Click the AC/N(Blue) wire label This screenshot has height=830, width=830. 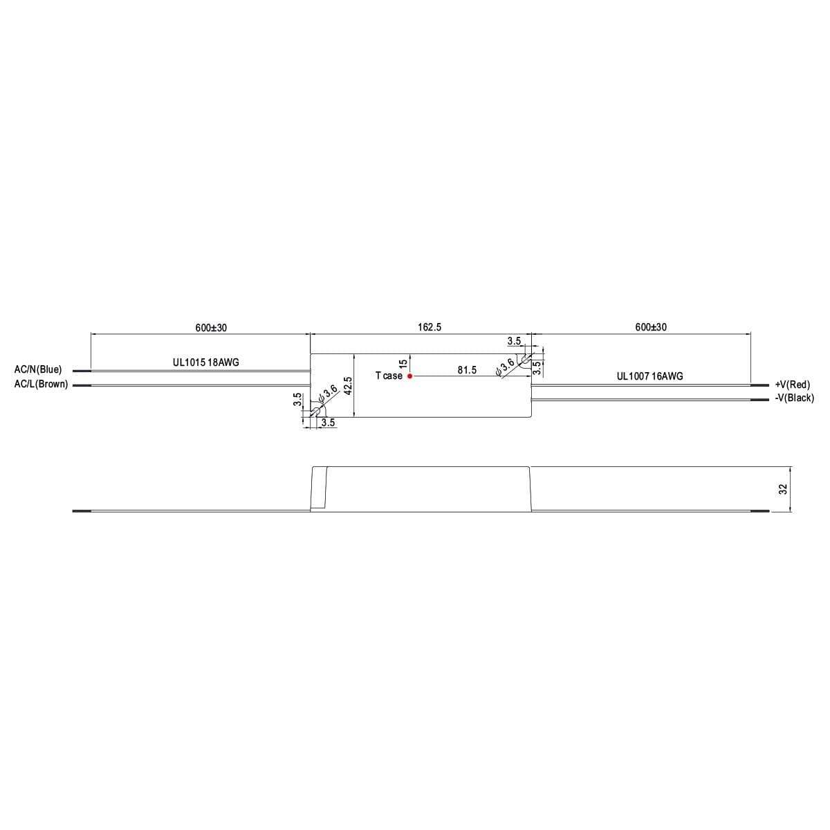point(38,369)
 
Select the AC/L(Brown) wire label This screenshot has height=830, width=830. point(41,384)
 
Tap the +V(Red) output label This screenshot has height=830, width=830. point(793,385)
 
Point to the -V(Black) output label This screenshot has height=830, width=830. point(795,398)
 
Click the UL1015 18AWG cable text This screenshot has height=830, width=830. point(206,362)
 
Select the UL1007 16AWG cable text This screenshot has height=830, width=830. point(650,376)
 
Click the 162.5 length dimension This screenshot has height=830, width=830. point(430,327)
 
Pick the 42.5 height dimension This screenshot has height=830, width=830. point(348,385)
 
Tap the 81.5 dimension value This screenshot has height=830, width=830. point(467,371)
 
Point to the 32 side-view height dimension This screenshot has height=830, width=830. point(783,489)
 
